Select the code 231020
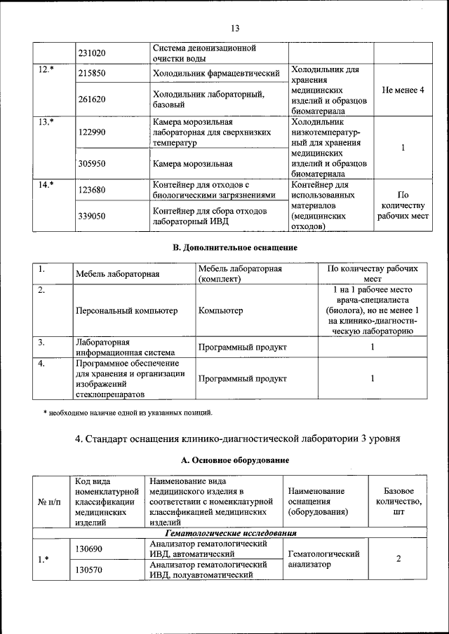tap(92, 53)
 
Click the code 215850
tap(92, 73)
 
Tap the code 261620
tap(92, 99)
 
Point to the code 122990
tap(92, 132)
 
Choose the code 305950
tap(92, 165)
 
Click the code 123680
tap(92, 190)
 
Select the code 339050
tap(92, 216)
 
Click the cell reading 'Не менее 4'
tap(403, 91)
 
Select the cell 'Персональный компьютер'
tap(126, 310)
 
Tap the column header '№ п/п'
tap(49, 502)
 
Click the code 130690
tap(89, 549)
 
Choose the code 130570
tap(89, 570)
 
